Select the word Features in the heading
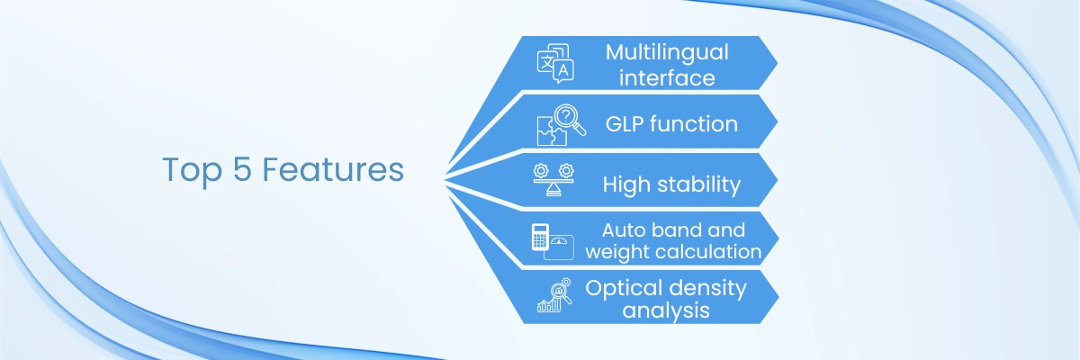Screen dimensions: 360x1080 click(x=333, y=170)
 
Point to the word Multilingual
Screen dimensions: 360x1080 click(x=667, y=52)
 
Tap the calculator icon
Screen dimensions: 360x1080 click(x=541, y=238)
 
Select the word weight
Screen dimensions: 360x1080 click(x=613, y=252)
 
